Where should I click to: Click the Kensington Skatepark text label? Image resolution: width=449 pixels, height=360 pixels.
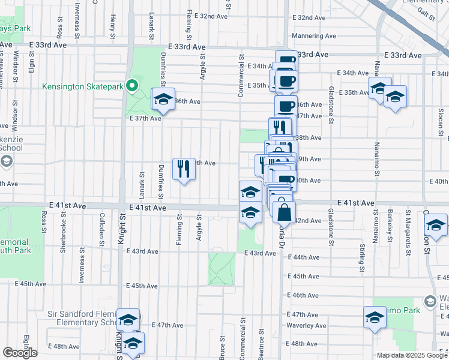(x=82, y=86)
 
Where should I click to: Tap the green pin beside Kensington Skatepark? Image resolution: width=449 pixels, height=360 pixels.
(x=131, y=86)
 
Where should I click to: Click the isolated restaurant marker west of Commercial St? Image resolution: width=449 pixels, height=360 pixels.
(x=184, y=169)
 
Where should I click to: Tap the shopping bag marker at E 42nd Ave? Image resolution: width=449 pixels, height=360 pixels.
(x=284, y=212)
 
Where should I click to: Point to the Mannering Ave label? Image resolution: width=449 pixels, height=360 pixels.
(x=314, y=36)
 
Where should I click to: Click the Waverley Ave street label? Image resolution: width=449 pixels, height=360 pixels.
(x=306, y=326)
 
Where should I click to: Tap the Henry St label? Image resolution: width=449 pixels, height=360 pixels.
(x=112, y=25)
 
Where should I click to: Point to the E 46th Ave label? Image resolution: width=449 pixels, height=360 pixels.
(x=306, y=295)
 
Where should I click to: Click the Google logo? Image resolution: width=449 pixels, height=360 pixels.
(x=20, y=353)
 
